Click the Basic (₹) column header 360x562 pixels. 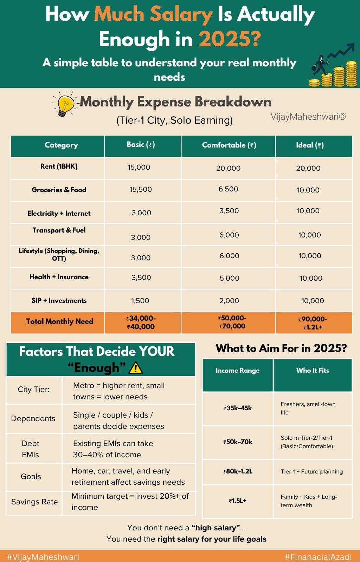click(x=141, y=144)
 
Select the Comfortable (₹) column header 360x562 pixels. click(x=229, y=145)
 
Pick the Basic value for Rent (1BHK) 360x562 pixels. click(x=139, y=167)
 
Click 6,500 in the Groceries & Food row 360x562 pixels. click(x=228, y=189)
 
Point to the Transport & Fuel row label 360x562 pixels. click(x=59, y=230)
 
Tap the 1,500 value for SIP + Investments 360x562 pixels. click(x=140, y=301)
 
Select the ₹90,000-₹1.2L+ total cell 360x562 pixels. click(x=313, y=323)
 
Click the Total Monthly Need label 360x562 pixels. click(x=59, y=321)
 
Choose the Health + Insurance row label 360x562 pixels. click(x=59, y=277)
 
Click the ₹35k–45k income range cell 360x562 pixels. click(x=238, y=408)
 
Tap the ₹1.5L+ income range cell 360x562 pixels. click(x=238, y=501)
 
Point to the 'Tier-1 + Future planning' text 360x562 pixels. click(x=311, y=471)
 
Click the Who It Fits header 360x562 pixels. click(x=313, y=370)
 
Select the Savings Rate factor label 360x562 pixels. click(x=34, y=502)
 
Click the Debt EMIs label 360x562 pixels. click(x=31, y=449)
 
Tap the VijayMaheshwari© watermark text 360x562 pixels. click(x=308, y=117)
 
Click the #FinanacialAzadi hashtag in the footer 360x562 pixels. click(x=318, y=557)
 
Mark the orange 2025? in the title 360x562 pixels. click(x=230, y=39)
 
